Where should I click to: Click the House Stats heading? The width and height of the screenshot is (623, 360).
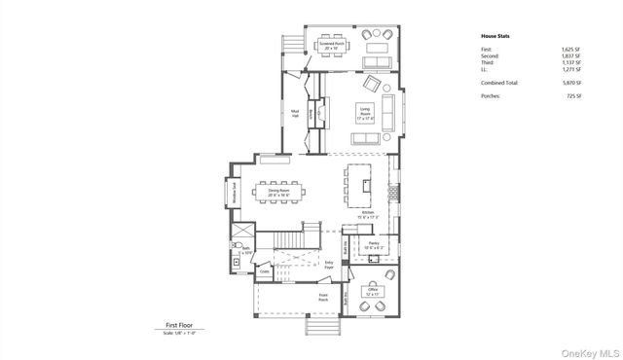(495, 36)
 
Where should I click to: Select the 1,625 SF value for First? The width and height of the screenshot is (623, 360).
(570, 49)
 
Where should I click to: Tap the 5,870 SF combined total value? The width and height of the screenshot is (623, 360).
(570, 83)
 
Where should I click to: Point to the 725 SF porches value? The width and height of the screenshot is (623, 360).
(573, 96)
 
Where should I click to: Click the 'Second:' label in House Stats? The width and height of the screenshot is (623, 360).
(491, 55)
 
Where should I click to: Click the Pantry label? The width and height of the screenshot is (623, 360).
(373, 246)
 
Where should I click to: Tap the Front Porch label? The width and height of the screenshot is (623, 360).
(323, 297)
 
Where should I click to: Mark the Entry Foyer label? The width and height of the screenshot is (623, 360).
(329, 264)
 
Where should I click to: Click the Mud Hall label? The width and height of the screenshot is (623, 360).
(294, 113)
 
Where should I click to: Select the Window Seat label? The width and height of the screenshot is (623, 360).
(235, 194)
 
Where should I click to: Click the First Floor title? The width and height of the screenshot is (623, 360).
(179, 326)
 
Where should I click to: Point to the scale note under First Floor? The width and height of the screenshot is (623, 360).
(179, 333)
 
